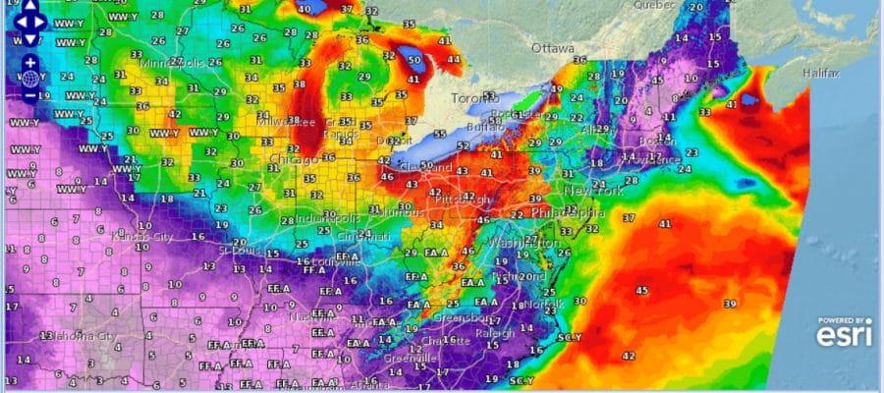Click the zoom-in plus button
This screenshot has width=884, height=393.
coord(30,62)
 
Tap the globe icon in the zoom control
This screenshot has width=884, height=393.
coord(30,79)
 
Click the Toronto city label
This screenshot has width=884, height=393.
coord(474,98)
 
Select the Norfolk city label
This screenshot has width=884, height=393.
coord(537,304)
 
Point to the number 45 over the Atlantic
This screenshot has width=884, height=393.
coord(641,290)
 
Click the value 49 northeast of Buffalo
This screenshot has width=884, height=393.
coord(557,89)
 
